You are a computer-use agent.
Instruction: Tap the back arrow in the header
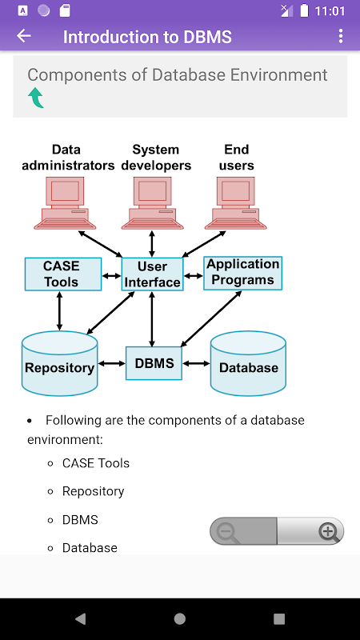tap(24, 36)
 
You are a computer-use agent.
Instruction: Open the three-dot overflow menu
tap(341, 36)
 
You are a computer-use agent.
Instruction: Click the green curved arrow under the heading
tap(36, 98)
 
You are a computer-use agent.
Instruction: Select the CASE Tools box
tap(63, 274)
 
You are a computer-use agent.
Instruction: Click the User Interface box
tap(152, 274)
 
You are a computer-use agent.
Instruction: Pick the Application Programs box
tap(243, 273)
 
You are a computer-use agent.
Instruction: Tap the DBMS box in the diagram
tap(154, 363)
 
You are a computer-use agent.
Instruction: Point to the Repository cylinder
tap(59, 363)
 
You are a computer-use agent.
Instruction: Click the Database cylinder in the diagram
tap(248, 363)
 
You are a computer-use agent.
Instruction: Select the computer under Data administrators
tap(65, 203)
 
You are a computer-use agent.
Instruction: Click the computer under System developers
tap(152, 203)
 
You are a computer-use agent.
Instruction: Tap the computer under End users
tap(235, 203)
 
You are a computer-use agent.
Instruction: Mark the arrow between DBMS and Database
tap(196, 363)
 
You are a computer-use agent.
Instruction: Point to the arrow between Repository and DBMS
tap(112, 363)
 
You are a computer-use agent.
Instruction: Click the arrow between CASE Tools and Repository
tap(59, 311)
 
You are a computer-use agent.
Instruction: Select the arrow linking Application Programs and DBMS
tap(211, 318)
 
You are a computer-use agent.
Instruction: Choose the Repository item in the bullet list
tap(93, 491)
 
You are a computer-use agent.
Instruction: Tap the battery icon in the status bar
tap(304, 10)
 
